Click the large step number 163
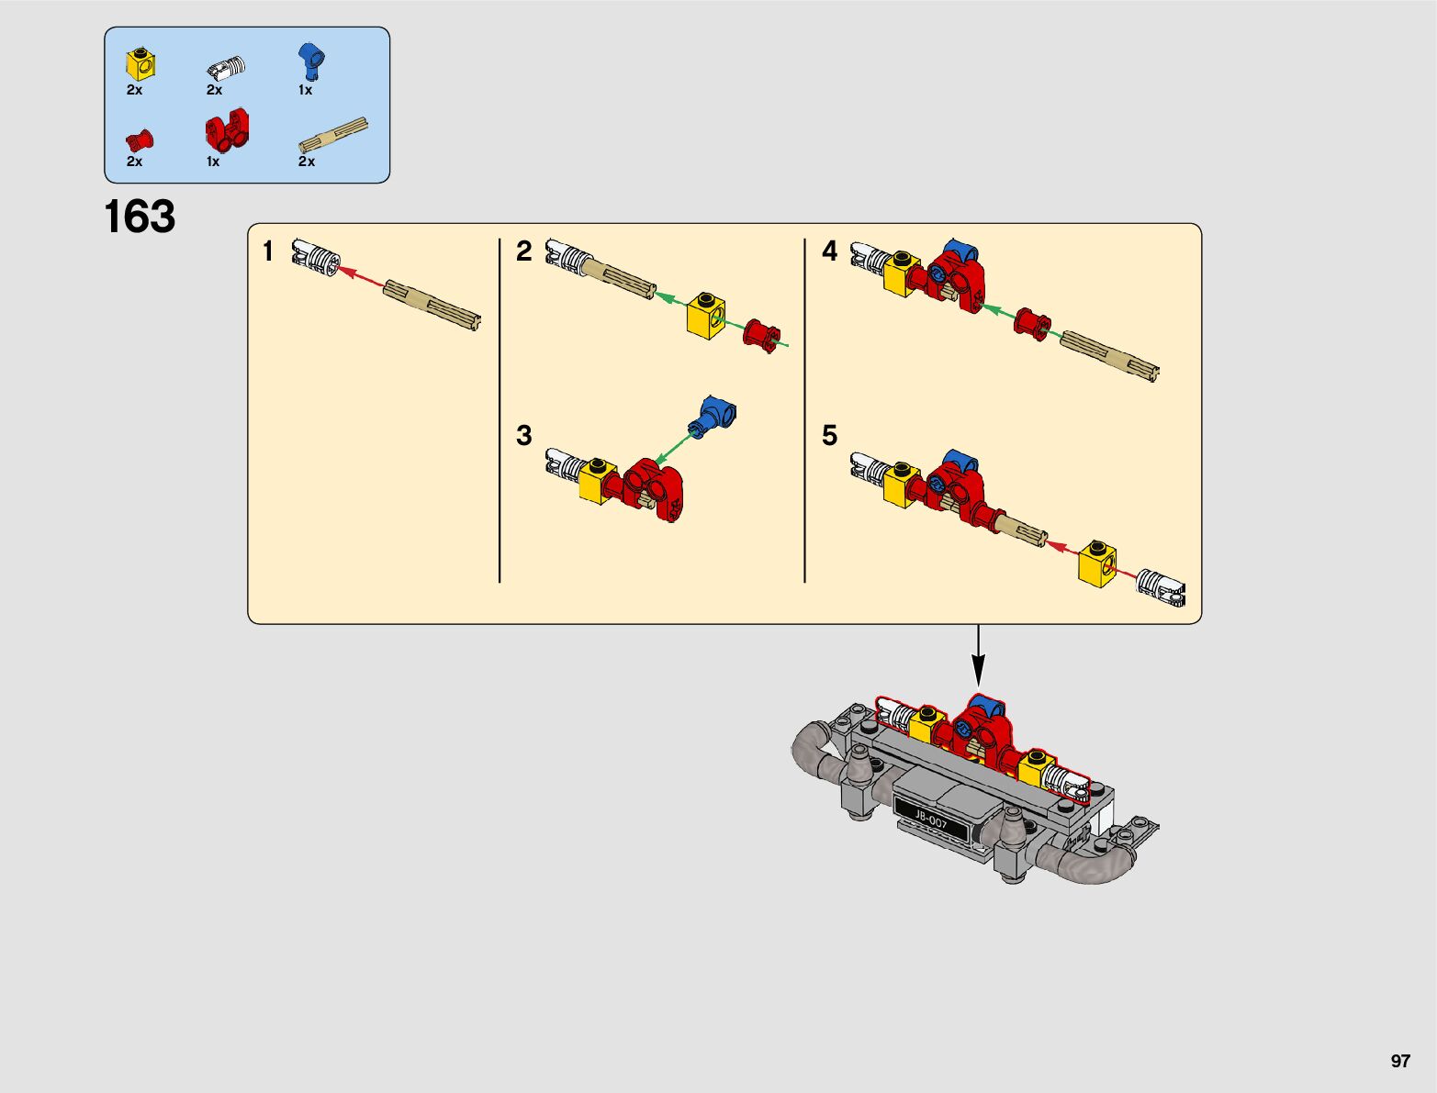pos(140,217)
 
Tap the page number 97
pos(1399,1061)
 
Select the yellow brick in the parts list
pos(140,62)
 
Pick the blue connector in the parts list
pos(311,61)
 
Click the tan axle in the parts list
pos(333,137)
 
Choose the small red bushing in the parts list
pos(140,140)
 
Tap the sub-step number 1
pos(268,251)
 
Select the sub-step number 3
pos(523,435)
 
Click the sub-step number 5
pos(830,435)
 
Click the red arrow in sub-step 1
pos(361,275)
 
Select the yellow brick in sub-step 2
pos(706,316)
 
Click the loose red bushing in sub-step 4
pos(1032,323)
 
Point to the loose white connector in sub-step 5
pos(1162,587)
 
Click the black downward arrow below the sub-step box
pos(979,655)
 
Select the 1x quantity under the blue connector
pos(305,90)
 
